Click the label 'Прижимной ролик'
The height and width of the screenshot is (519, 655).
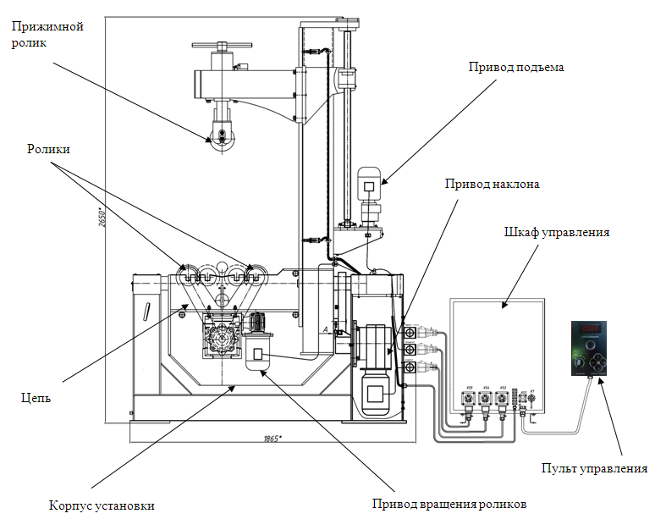pyautogui.click(x=47, y=35)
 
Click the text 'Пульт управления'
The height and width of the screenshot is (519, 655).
pyautogui.click(x=593, y=468)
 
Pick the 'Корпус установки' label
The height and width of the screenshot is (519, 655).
pyautogui.click(x=102, y=506)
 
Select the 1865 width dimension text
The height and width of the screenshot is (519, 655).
pyautogui.click(x=272, y=438)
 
